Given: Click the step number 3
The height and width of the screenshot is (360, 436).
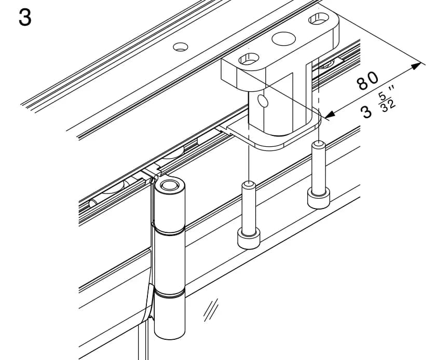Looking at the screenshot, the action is [x=25, y=17].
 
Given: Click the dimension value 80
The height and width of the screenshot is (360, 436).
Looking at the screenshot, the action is [x=368, y=81].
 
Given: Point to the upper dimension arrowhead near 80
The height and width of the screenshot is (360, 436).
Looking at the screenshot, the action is [x=416, y=66].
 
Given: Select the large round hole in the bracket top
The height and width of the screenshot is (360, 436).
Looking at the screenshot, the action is [x=283, y=38].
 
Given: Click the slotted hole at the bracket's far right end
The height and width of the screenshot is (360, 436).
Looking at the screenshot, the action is [x=319, y=19].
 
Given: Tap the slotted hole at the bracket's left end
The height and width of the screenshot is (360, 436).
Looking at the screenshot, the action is [x=249, y=59].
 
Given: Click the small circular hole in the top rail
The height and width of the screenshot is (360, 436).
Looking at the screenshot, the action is [x=181, y=47].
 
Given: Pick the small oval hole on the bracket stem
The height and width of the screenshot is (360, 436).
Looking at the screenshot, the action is [x=263, y=101].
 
